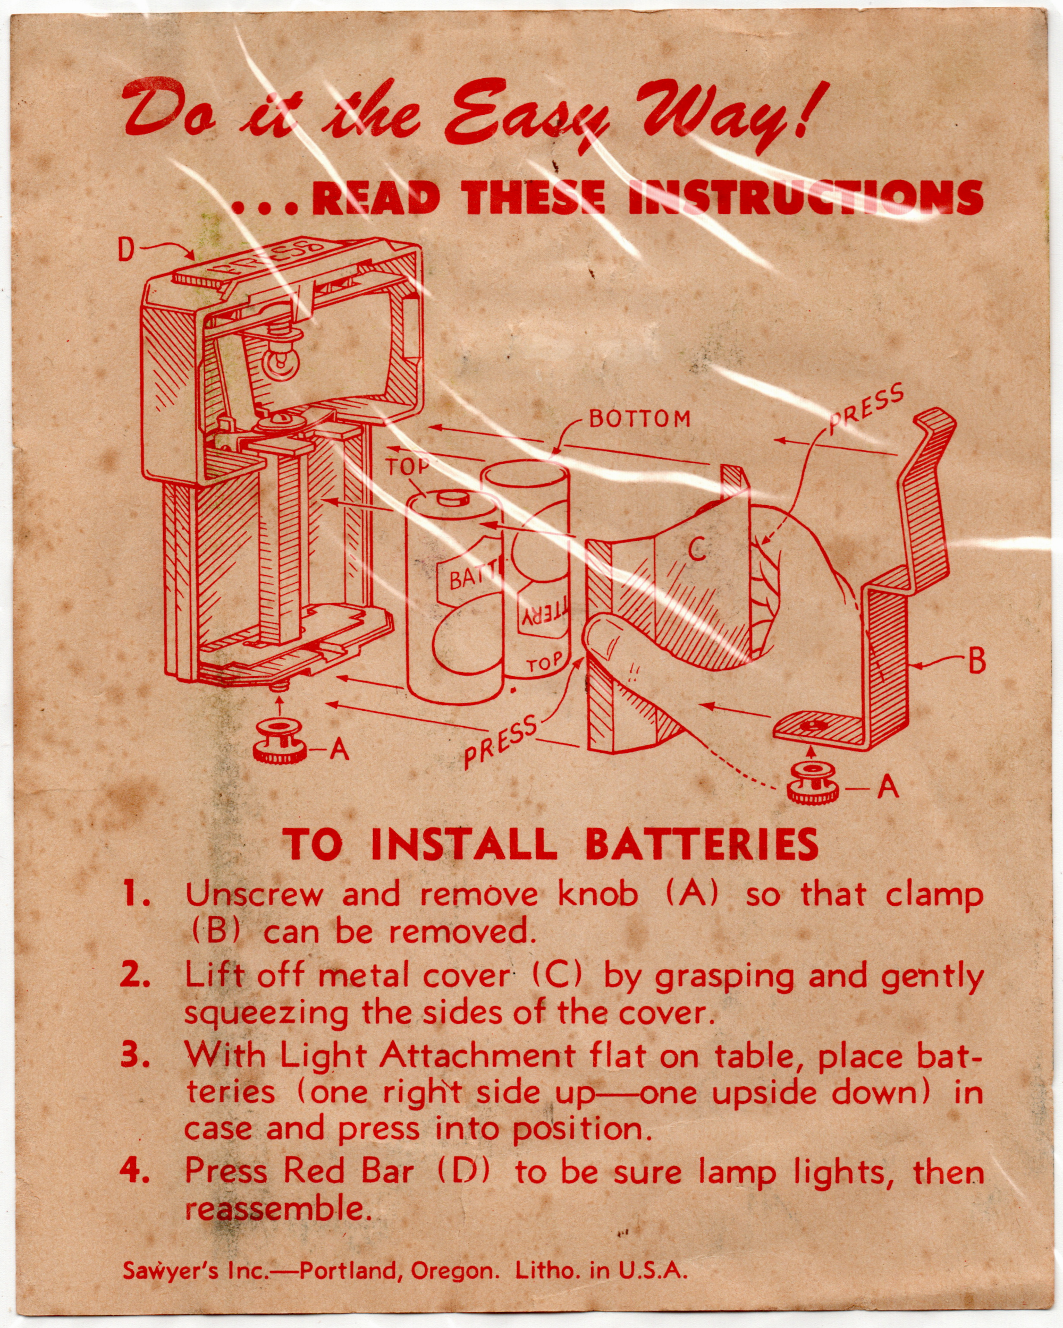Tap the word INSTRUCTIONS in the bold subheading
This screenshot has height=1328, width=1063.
click(x=804, y=198)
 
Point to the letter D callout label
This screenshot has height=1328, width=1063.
click(x=126, y=251)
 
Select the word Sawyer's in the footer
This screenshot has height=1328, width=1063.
click(x=170, y=1271)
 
